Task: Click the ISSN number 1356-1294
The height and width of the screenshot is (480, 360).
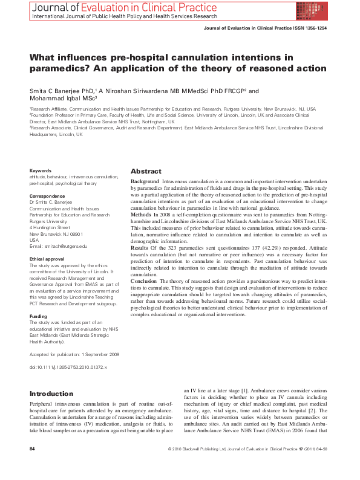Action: [x=314, y=28]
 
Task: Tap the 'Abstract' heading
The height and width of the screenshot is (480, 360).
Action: [x=146, y=171]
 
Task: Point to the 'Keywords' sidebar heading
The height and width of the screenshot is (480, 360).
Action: [x=41, y=170]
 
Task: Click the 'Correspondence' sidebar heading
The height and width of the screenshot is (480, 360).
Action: [x=48, y=196]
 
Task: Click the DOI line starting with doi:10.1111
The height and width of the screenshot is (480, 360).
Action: [x=68, y=367]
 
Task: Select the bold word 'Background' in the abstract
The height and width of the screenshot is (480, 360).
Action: [x=145, y=181]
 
